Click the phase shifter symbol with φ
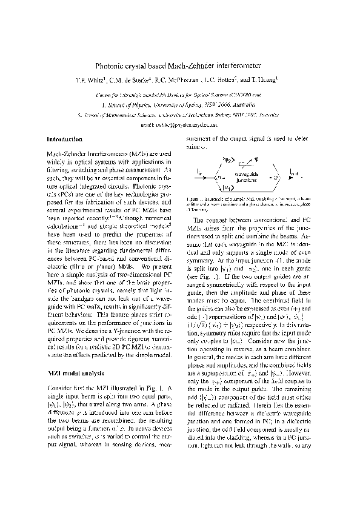click(x=248, y=162)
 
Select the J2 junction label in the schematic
click(x=274, y=177)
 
